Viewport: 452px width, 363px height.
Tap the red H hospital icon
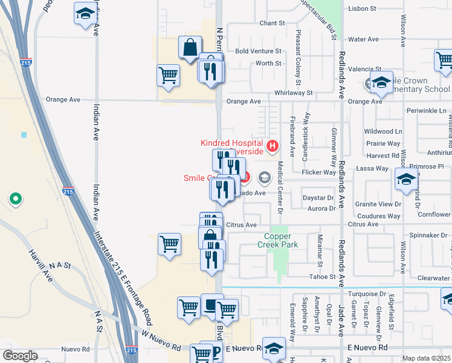[273, 146]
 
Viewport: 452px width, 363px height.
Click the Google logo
[20, 356]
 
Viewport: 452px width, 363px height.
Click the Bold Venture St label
[259, 51]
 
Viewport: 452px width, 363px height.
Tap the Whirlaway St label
[293, 93]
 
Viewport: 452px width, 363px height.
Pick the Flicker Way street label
[319, 172]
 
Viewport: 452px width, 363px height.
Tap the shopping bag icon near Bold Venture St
[190, 47]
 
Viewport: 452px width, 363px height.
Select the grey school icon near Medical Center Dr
[264, 178]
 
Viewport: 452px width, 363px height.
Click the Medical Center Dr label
[280, 187]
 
